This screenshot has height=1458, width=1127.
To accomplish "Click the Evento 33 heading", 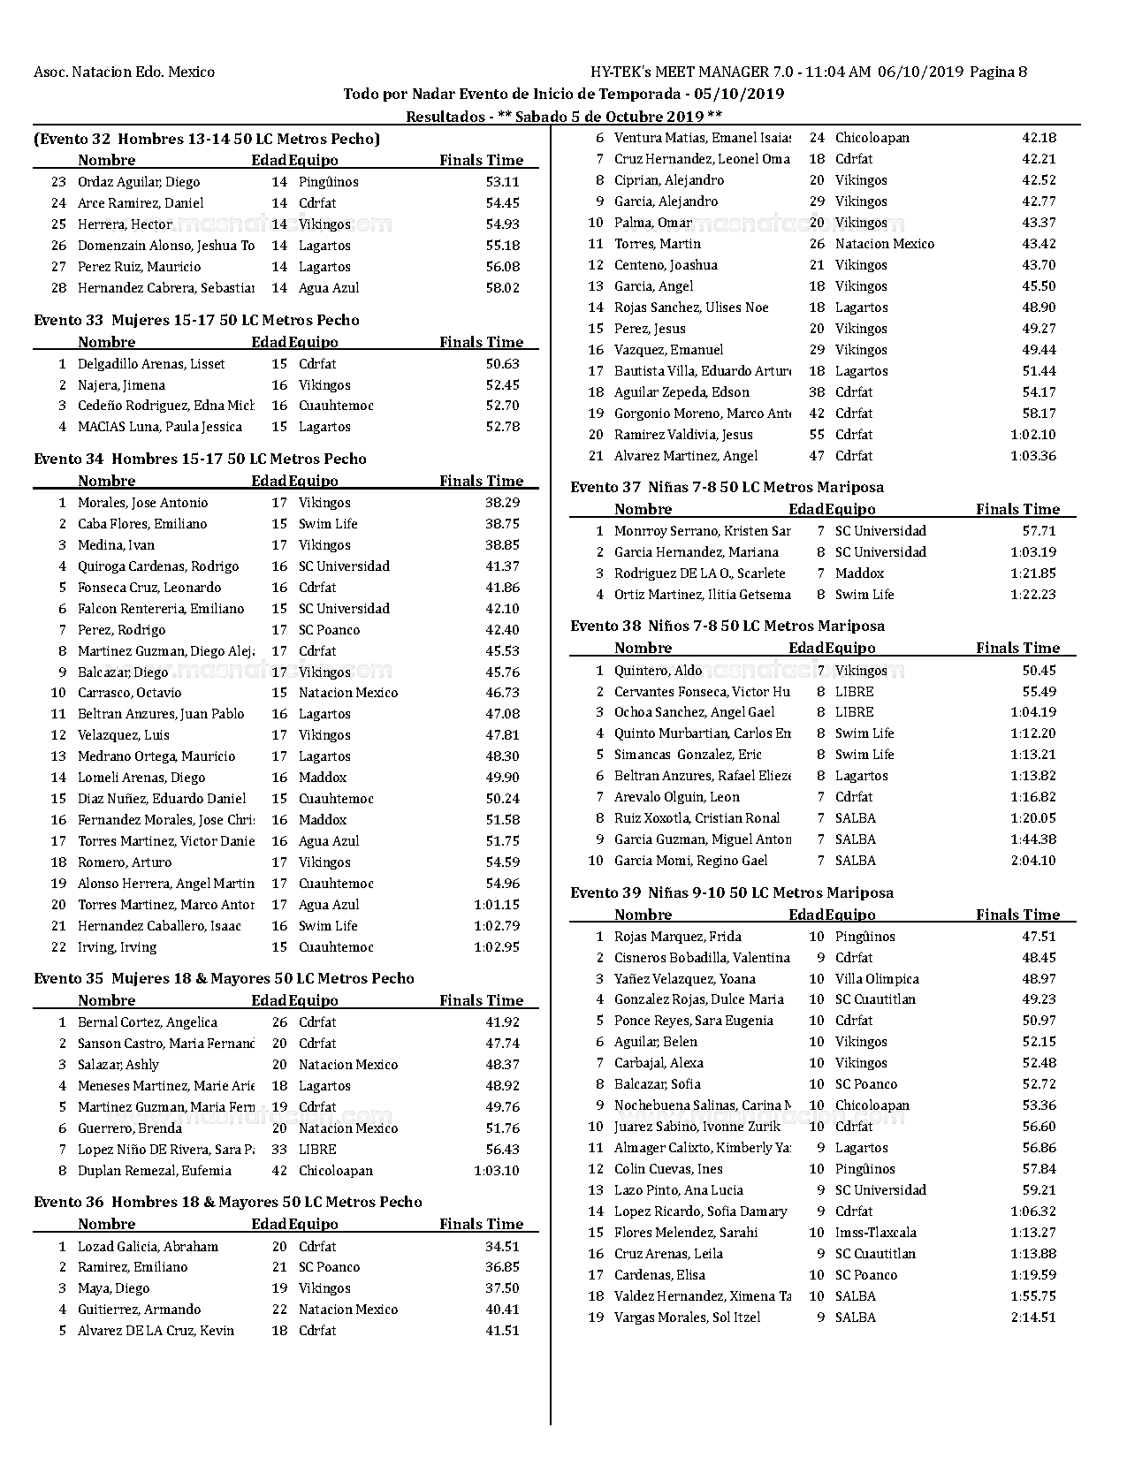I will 196,320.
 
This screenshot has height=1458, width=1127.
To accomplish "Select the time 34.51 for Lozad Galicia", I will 502,1246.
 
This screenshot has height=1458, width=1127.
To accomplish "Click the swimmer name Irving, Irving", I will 117,947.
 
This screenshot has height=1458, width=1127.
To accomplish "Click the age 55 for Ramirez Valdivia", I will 817,435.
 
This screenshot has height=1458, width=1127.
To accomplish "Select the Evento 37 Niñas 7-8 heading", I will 727,487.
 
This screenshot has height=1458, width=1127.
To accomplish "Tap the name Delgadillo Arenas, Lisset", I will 151,364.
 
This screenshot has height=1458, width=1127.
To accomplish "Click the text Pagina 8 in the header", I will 998,72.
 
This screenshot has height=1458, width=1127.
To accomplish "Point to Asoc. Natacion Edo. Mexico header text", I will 124,72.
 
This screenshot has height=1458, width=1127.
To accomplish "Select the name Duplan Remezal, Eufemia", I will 154,1171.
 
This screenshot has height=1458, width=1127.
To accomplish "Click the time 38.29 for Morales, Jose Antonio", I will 502,503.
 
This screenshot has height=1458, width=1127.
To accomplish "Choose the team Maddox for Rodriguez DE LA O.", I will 859,573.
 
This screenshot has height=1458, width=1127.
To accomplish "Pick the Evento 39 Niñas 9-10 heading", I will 731,892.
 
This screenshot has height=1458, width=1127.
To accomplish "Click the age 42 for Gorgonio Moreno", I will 817,414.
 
